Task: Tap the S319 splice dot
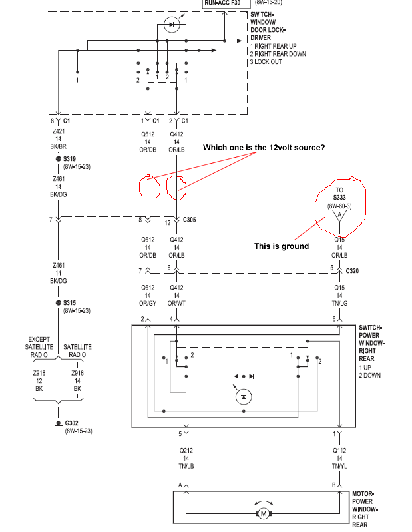[x=58, y=159]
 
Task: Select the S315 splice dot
[x=58, y=302]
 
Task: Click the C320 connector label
[x=353, y=270]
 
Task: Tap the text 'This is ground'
[x=282, y=246]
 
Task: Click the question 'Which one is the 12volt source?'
[x=264, y=147]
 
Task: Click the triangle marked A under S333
[x=339, y=216]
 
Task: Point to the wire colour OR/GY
[x=148, y=304]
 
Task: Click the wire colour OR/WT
[x=176, y=304]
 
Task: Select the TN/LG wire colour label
[x=339, y=304]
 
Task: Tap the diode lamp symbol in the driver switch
[x=172, y=25]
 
